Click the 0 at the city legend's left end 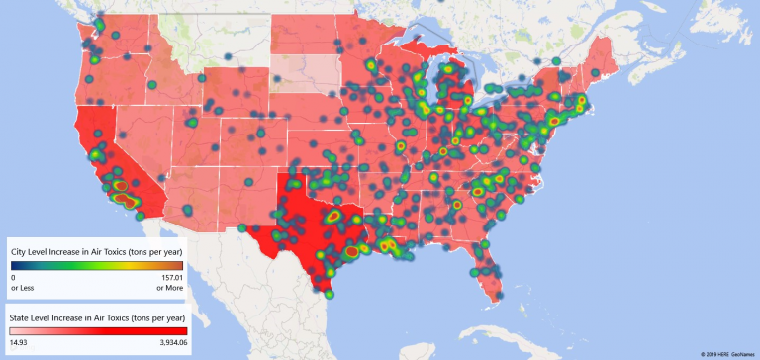pyautogui.click(x=13, y=279)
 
